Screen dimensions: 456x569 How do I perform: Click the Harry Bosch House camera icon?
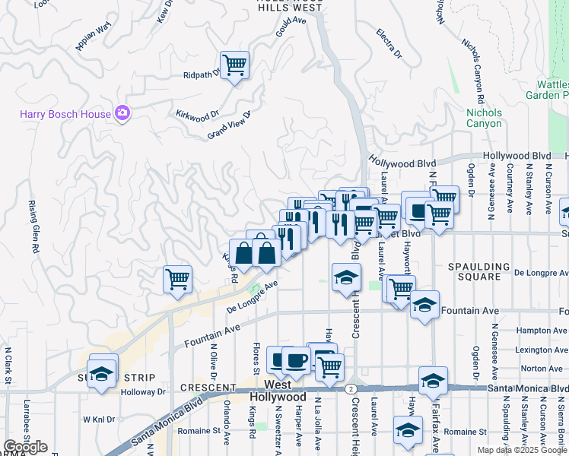tap(122, 114)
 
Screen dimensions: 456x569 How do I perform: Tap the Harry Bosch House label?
tap(65, 115)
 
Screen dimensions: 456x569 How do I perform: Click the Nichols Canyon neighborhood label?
tap(484, 118)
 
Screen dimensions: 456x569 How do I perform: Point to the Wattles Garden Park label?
tap(547, 90)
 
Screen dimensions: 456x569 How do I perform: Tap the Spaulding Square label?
tap(478, 271)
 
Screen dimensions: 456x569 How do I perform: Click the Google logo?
tap(25, 447)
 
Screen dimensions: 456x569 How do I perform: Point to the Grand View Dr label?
tap(229, 125)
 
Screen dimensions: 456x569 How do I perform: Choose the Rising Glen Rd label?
tap(33, 226)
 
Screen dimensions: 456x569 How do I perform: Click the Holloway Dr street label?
tap(150, 392)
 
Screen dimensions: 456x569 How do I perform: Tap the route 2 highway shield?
tap(349, 388)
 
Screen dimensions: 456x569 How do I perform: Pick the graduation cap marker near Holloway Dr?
tap(101, 372)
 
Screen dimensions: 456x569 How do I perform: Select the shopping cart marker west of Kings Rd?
tap(177, 279)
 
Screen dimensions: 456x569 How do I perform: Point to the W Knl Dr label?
tap(99, 419)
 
